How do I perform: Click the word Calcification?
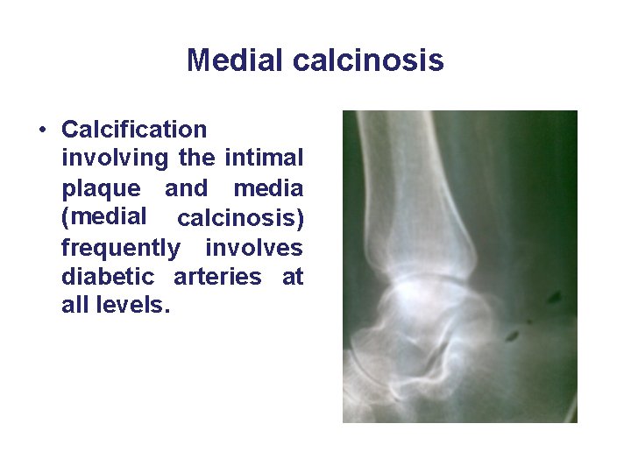pyautogui.click(x=134, y=130)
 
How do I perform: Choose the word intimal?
pyautogui.click(x=264, y=159)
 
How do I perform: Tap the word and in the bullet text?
pyautogui.click(x=187, y=188)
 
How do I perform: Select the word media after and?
pyautogui.click(x=268, y=188)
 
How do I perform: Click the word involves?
pyautogui.click(x=254, y=248)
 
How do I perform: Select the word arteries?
pyautogui.click(x=217, y=278)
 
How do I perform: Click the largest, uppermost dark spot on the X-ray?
pyautogui.click(x=554, y=299)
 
